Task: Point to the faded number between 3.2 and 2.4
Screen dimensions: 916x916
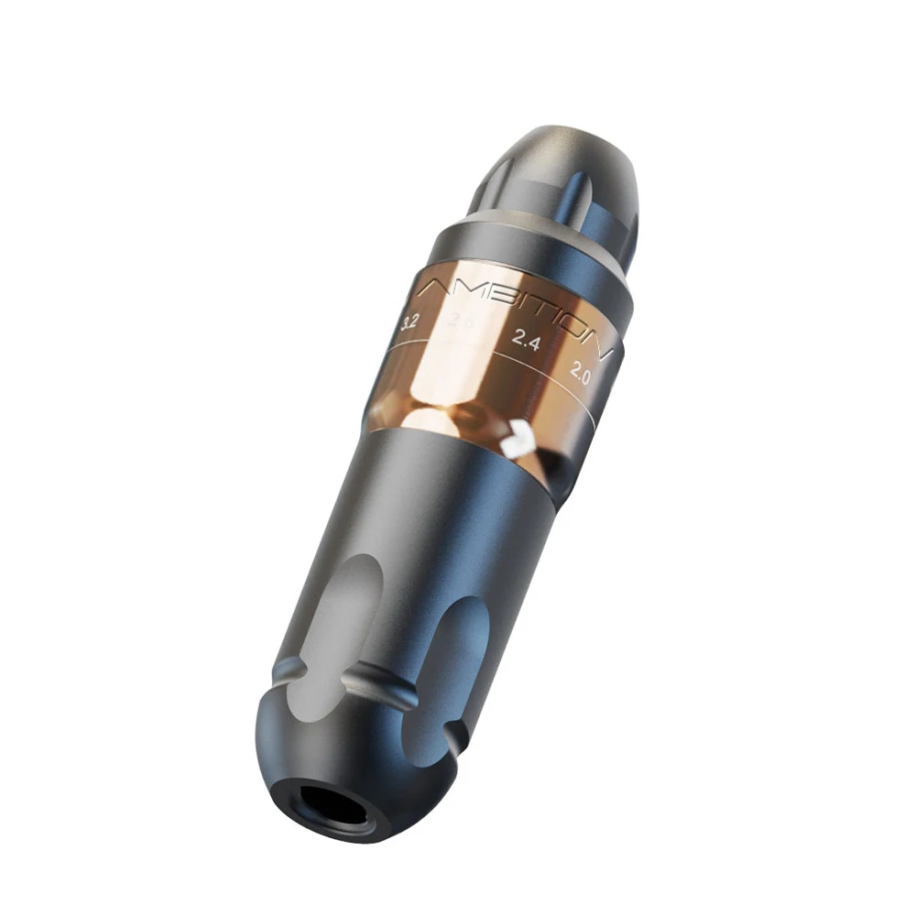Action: [461, 321]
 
